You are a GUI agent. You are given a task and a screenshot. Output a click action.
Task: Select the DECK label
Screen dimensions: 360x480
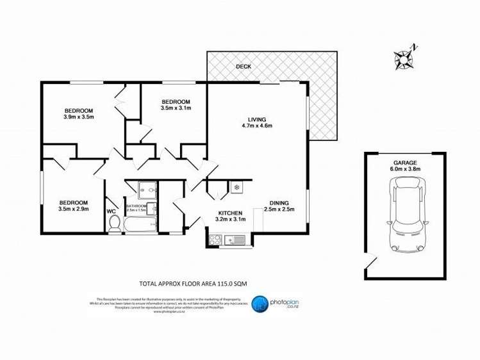[243, 67]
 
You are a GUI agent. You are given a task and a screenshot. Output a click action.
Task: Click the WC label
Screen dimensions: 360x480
[111, 211]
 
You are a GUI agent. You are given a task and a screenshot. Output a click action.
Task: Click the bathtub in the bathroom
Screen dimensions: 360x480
[140, 224]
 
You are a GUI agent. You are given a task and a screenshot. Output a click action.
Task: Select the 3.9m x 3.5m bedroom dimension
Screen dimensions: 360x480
[79, 117]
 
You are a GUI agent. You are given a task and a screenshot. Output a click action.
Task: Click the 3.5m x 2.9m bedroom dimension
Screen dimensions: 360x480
[72, 209]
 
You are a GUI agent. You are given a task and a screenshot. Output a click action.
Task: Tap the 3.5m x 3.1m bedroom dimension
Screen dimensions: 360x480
[175, 108]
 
